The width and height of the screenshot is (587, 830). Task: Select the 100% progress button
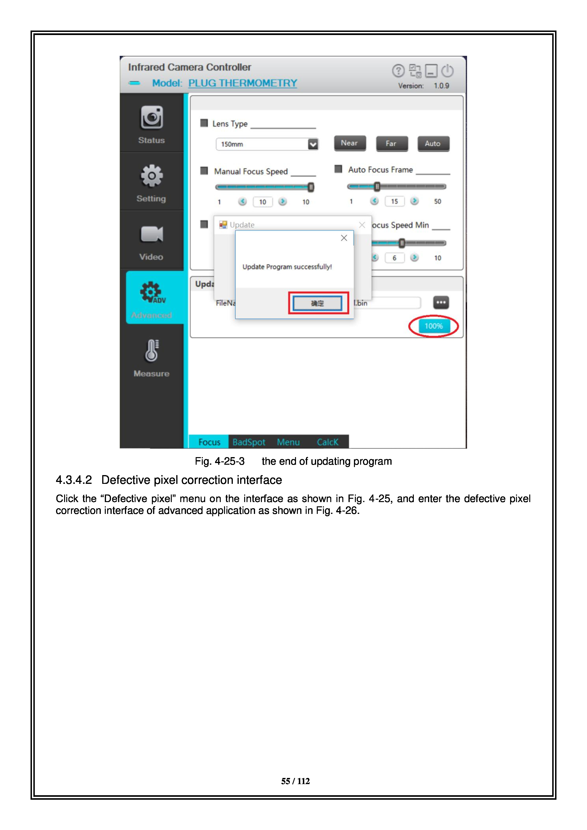click(x=433, y=326)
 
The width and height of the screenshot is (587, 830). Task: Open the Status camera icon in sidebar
click(x=151, y=118)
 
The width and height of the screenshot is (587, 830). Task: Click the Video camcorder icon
click(x=151, y=234)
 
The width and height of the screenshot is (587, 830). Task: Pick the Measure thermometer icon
click(x=151, y=351)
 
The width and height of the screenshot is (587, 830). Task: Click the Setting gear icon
click(x=151, y=176)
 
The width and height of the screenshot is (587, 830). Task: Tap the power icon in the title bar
click(x=447, y=71)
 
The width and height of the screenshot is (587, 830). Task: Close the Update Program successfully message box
click(x=344, y=238)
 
